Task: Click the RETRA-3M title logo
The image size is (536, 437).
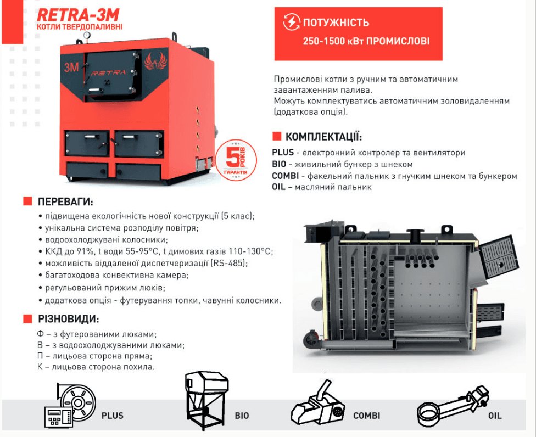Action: click(x=78, y=15)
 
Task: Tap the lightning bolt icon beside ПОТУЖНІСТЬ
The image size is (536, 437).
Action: click(x=292, y=22)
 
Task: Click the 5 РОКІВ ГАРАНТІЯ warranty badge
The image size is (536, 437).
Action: click(x=236, y=160)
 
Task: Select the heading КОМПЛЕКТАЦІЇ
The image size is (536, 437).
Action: click(x=323, y=137)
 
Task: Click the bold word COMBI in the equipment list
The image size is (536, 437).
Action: click(x=286, y=176)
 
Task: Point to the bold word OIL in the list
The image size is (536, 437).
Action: click(x=278, y=187)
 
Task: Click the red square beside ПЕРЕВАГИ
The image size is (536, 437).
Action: click(x=27, y=201)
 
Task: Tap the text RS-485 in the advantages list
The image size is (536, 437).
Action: click(x=228, y=263)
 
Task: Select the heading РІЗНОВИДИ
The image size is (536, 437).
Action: click(x=68, y=319)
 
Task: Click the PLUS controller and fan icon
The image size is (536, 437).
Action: click(x=70, y=405)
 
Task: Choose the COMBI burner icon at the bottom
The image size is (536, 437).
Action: click(x=318, y=403)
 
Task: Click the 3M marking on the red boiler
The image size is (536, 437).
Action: click(x=71, y=68)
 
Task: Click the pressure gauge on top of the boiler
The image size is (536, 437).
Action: click(x=87, y=35)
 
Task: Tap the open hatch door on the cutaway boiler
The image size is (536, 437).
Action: click(x=499, y=256)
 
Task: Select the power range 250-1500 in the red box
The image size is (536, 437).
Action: click(x=323, y=41)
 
